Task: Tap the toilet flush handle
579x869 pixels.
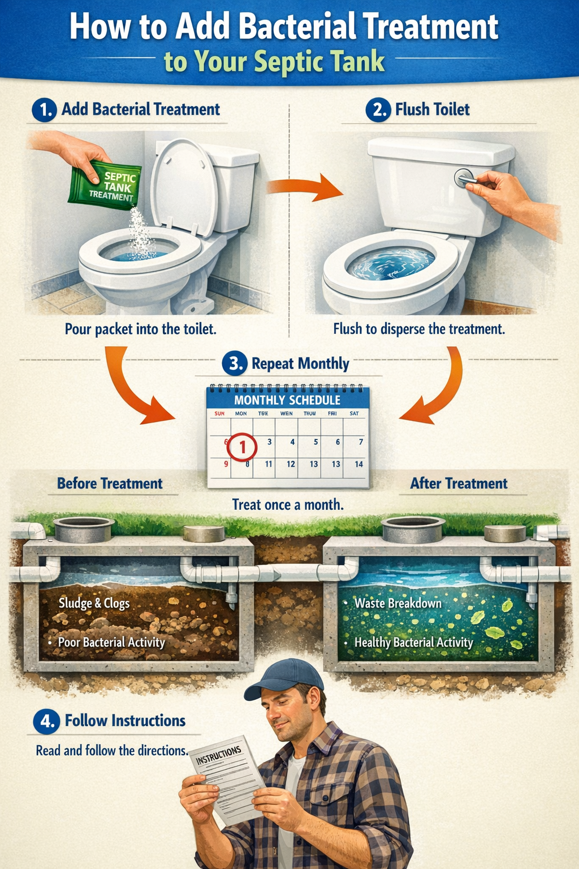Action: [465, 179]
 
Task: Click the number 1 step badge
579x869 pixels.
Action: [44, 110]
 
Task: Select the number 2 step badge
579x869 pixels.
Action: [378, 110]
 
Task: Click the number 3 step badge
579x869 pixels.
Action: [234, 363]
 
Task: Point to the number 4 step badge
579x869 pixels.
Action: [45, 721]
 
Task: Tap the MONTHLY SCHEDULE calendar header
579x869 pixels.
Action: [287, 400]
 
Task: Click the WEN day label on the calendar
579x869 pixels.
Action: [287, 414]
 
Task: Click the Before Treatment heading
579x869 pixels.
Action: [110, 484]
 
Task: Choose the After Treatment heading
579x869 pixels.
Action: [459, 484]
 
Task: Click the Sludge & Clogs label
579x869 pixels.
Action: [94, 603]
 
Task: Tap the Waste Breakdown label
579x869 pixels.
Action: [397, 603]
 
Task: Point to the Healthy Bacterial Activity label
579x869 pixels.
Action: [413, 642]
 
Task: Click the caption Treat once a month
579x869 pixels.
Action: [288, 505]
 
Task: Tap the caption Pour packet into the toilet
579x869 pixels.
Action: [140, 329]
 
